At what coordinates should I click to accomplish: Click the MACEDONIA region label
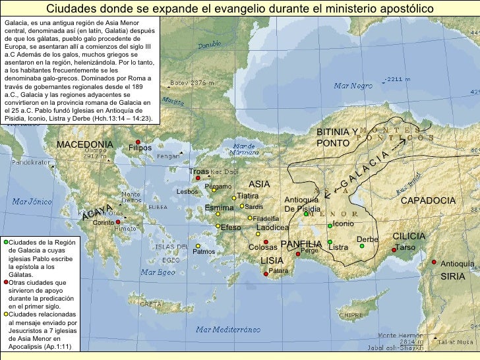(84, 144)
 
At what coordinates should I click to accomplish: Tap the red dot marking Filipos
(138, 142)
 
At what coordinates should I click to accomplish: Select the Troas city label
(198, 171)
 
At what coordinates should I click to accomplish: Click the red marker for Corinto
(118, 222)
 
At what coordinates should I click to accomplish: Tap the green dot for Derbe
(361, 246)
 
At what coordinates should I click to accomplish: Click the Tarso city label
(405, 247)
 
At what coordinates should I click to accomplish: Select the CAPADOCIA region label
(428, 200)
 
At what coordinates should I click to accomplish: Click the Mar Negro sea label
(353, 86)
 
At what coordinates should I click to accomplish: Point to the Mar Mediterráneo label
(224, 330)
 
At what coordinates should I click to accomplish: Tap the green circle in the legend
(5, 242)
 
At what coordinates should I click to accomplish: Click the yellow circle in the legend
(5, 315)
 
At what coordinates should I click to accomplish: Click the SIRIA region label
(453, 276)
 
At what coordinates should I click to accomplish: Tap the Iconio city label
(343, 224)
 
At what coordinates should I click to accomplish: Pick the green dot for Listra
(330, 247)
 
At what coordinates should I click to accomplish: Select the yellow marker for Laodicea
(258, 233)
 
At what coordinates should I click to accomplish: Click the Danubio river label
(209, 45)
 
